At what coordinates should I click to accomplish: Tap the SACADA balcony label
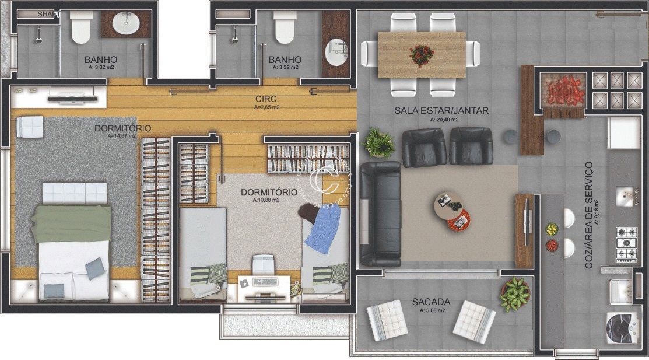(431, 302)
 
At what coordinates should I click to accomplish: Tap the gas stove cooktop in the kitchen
(626, 242)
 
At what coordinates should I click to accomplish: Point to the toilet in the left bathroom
(81, 28)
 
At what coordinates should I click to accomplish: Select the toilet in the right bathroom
(284, 28)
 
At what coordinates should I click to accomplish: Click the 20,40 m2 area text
(444, 120)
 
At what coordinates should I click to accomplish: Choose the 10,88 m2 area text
(266, 200)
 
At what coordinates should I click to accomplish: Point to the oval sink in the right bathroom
(336, 53)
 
